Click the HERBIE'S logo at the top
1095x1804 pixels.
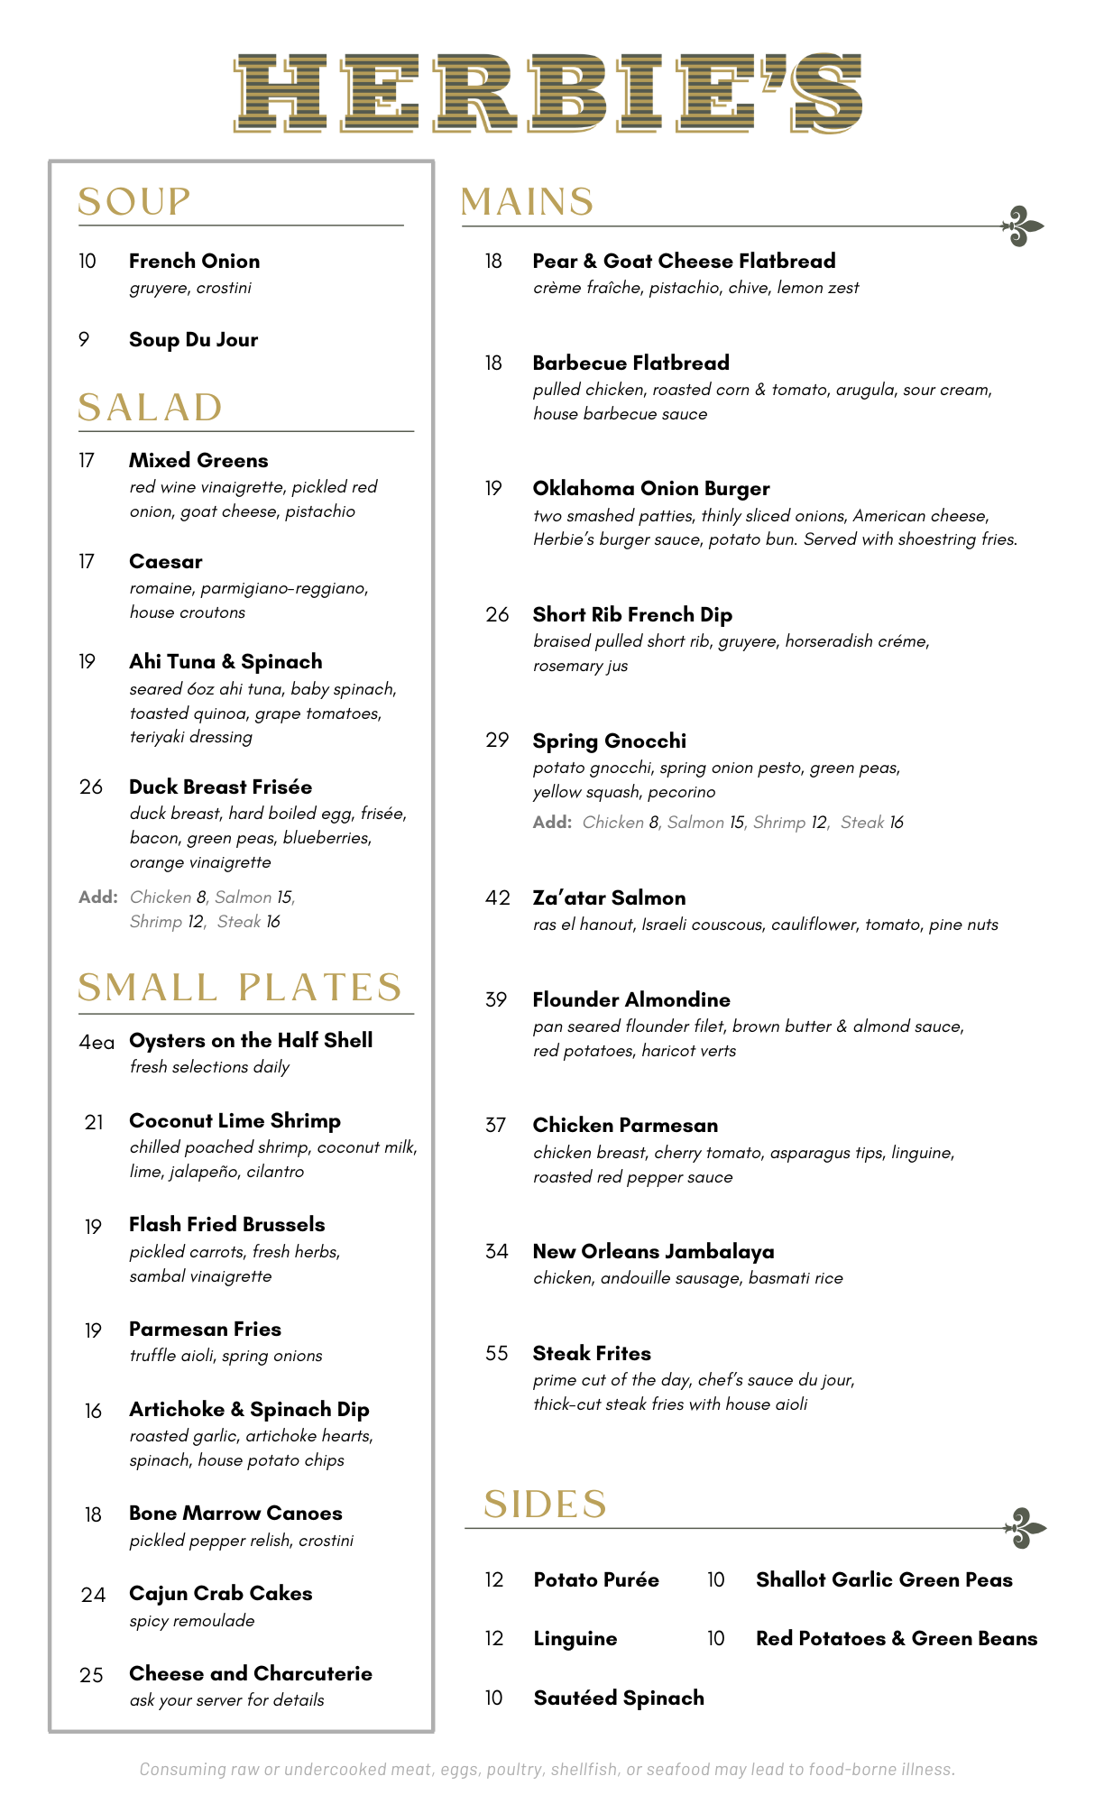click(547, 93)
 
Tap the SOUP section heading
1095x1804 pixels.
click(133, 202)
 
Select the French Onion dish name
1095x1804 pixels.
click(194, 262)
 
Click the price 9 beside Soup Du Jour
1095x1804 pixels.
click(84, 340)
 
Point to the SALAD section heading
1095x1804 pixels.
click(150, 408)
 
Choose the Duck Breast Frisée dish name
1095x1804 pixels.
click(220, 787)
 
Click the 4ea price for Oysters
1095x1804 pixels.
click(97, 1043)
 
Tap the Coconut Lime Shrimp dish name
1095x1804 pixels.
click(235, 1121)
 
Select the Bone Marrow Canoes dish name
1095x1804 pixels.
click(235, 1514)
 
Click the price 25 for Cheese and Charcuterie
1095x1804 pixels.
click(91, 1675)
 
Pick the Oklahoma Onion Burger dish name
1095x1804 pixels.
click(650, 489)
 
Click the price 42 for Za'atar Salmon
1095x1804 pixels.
click(497, 898)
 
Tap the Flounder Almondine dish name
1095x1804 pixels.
click(630, 1000)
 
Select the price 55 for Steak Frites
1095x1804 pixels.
click(497, 1354)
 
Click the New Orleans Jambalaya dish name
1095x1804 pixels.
click(653, 1252)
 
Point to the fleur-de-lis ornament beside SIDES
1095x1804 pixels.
click(1026, 1528)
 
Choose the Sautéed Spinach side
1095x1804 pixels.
click(618, 1698)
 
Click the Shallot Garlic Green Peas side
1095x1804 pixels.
click(884, 1580)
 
